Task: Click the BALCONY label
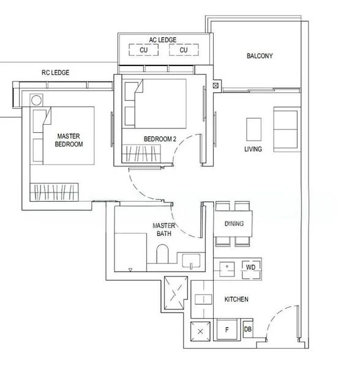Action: coord(260,56)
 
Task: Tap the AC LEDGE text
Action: coord(162,40)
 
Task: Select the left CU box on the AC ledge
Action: coord(144,50)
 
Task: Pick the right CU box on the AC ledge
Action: coord(184,50)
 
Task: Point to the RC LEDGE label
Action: coord(56,73)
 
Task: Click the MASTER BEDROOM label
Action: coord(69,140)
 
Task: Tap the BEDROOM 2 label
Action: coord(160,139)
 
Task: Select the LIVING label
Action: coord(253,149)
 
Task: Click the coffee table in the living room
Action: coord(253,130)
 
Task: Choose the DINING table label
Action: coord(234,223)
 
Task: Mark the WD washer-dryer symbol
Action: coord(251,270)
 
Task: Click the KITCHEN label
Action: coord(236,299)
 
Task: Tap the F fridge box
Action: coord(227,330)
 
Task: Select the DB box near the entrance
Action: coord(248,329)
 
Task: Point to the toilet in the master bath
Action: coord(162,254)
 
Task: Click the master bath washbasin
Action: coord(191,261)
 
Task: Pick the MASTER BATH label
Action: coord(164,229)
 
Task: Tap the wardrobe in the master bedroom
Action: coord(54,192)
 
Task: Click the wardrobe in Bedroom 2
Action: coord(141,154)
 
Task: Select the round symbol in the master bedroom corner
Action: coord(36,100)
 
